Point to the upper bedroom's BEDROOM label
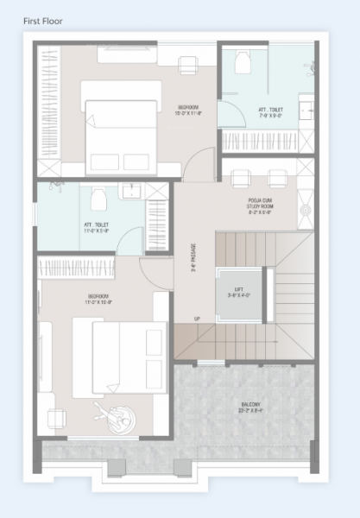coord(190,110)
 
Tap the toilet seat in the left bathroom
coord(98,201)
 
